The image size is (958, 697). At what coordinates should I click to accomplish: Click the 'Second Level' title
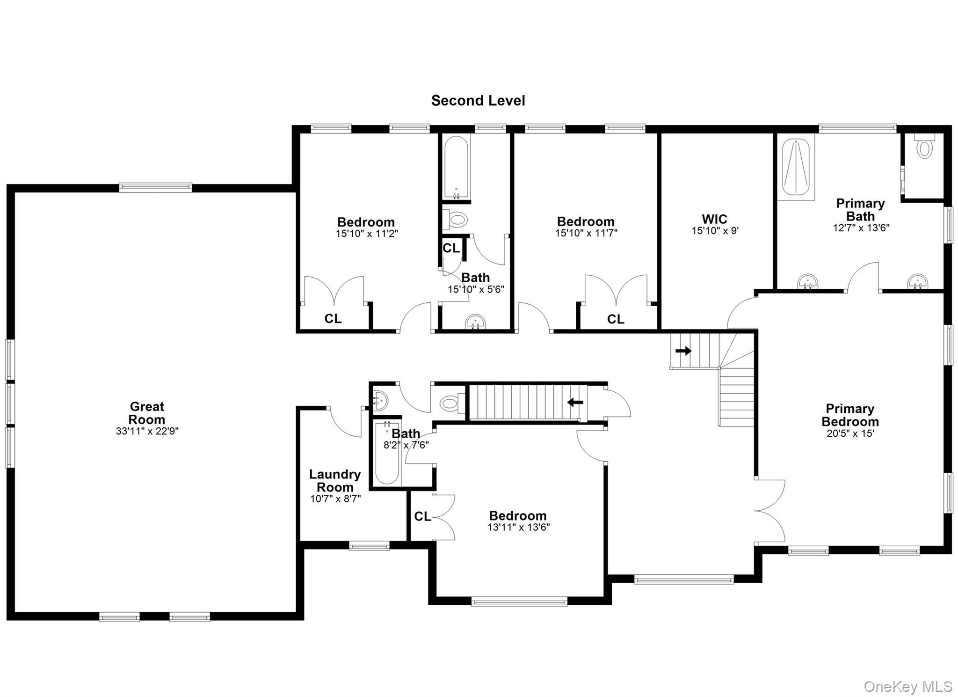[478, 101]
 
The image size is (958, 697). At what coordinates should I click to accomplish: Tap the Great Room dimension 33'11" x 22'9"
[147, 431]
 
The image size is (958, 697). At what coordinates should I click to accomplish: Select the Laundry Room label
[335, 481]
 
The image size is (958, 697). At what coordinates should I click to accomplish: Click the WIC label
[714, 219]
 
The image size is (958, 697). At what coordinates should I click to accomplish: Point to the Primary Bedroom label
[850, 415]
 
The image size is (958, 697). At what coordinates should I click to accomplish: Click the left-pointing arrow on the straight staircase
[575, 402]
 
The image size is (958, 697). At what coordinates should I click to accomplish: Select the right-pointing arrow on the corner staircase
[683, 351]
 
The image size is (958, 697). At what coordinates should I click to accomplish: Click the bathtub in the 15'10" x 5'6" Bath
[456, 167]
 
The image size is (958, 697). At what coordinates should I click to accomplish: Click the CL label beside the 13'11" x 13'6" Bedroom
[422, 516]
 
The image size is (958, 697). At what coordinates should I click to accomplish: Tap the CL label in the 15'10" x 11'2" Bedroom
[333, 319]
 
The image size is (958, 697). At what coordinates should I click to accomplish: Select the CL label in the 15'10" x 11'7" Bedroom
[615, 319]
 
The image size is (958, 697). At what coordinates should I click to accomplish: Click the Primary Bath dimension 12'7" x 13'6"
[861, 228]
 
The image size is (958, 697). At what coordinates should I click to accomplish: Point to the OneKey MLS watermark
[907, 687]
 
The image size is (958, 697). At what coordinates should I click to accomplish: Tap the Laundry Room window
[369, 546]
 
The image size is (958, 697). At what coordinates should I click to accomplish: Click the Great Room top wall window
[155, 188]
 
